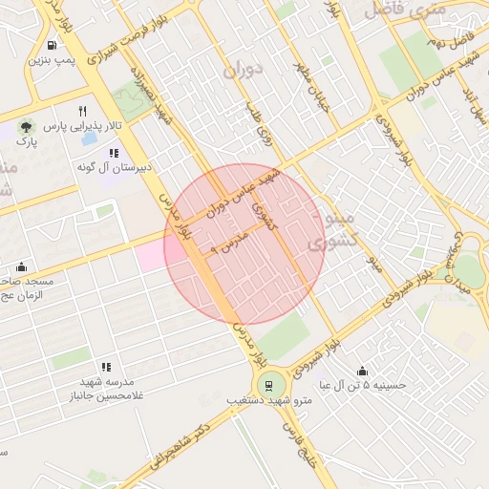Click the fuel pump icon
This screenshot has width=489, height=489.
point(50,45)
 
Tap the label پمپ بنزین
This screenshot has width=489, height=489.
point(50,61)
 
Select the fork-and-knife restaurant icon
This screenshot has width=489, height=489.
point(83,111)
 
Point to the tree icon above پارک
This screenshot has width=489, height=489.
point(26,126)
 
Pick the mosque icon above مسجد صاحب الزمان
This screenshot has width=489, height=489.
point(22,266)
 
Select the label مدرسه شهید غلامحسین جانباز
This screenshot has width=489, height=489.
point(105,389)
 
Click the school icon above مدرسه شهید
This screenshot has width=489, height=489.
point(106,367)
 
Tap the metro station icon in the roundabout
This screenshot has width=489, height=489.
point(268,387)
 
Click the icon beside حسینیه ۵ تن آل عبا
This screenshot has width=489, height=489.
point(362,371)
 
